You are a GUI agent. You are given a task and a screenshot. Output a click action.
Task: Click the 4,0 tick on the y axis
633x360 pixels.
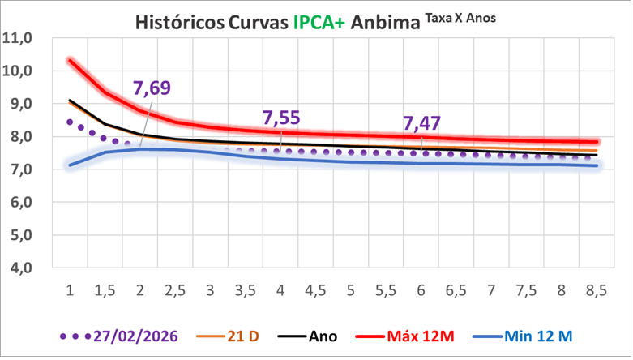click(19, 268)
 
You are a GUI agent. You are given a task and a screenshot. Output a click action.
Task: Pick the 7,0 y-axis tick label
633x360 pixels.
click(19, 170)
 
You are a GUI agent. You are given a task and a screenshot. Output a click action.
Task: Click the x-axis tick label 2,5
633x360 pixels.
click(176, 291)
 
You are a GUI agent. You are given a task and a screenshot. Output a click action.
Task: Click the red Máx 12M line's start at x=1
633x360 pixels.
click(71, 60)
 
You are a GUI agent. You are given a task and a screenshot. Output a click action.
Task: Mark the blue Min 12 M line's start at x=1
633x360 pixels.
click(71, 165)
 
